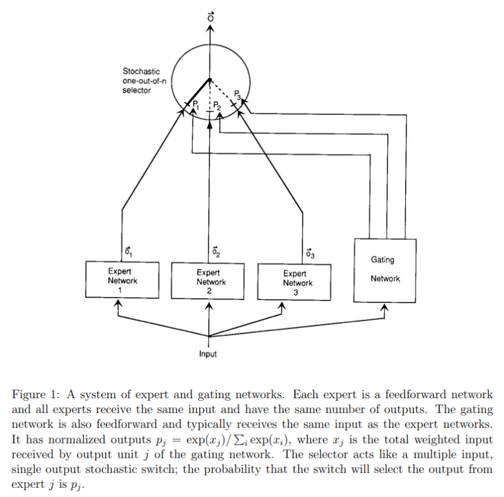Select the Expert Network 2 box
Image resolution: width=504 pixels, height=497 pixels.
[211, 281]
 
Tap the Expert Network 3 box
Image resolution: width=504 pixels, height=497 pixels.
[294, 283]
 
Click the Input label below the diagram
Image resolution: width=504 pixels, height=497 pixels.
[208, 354]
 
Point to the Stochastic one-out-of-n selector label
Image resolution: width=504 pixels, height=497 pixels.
[142, 81]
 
